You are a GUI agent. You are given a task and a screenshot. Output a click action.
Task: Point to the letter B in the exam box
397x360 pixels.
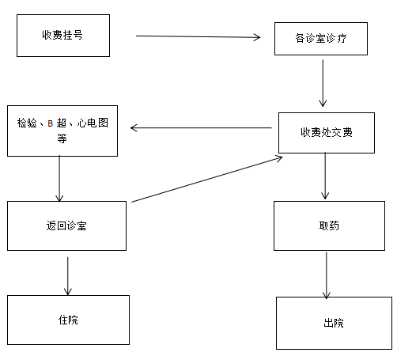pyautogui.click(x=51, y=123)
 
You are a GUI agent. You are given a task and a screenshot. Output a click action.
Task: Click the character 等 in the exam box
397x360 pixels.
pyautogui.click(x=62, y=138)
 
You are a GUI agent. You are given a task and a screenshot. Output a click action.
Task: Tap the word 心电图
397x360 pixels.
pyautogui.click(x=93, y=123)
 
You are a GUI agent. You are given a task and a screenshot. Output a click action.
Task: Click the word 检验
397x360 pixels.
pyautogui.click(x=27, y=123)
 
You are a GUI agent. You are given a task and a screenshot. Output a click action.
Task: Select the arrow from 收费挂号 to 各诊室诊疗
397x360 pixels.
pyautogui.click(x=198, y=36)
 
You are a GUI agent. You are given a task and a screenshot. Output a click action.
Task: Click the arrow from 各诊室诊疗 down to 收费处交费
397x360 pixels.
pyautogui.click(x=323, y=83)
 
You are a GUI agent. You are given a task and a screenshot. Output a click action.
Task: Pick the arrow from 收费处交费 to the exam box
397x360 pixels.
pyautogui.click(x=201, y=128)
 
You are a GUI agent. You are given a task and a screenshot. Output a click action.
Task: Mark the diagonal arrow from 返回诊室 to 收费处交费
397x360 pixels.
pyautogui.click(x=207, y=179)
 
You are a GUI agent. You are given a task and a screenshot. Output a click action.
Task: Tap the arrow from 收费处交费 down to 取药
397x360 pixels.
pyautogui.click(x=325, y=176)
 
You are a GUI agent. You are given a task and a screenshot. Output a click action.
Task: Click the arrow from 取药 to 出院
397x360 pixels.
pyautogui.click(x=327, y=275)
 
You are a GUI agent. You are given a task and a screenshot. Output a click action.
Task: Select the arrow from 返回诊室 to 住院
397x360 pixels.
pyautogui.click(x=68, y=276)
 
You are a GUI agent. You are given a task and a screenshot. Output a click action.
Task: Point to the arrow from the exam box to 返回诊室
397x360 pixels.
pyautogui.click(x=59, y=179)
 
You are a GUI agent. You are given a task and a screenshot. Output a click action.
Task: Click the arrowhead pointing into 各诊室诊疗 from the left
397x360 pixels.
pyautogui.click(x=257, y=37)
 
